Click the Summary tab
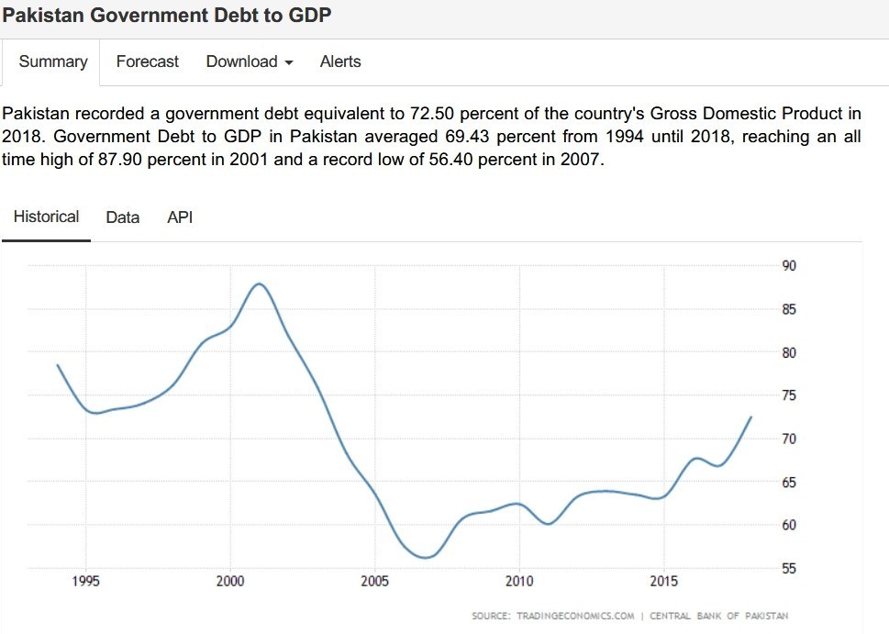click(x=53, y=61)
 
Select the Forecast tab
click(x=148, y=61)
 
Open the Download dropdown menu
click(x=249, y=61)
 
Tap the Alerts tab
click(x=340, y=61)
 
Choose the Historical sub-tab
click(x=46, y=217)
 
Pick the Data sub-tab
click(x=123, y=217)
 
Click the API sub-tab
click(x=180, y=217)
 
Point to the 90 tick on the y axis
click(x=789, y=266)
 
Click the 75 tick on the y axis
click(x=789, y=395)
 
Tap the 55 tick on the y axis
click(x=789, y=569)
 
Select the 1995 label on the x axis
click(x=86, y=582)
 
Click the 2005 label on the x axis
click(x=375, y=582)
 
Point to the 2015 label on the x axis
click(x=664, y=582)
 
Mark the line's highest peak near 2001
click(x=260, y=284)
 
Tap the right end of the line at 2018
click(x=751, y=417)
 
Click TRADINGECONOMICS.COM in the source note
click(x=576, y=616)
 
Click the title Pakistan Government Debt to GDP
click(x=167, y=16)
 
